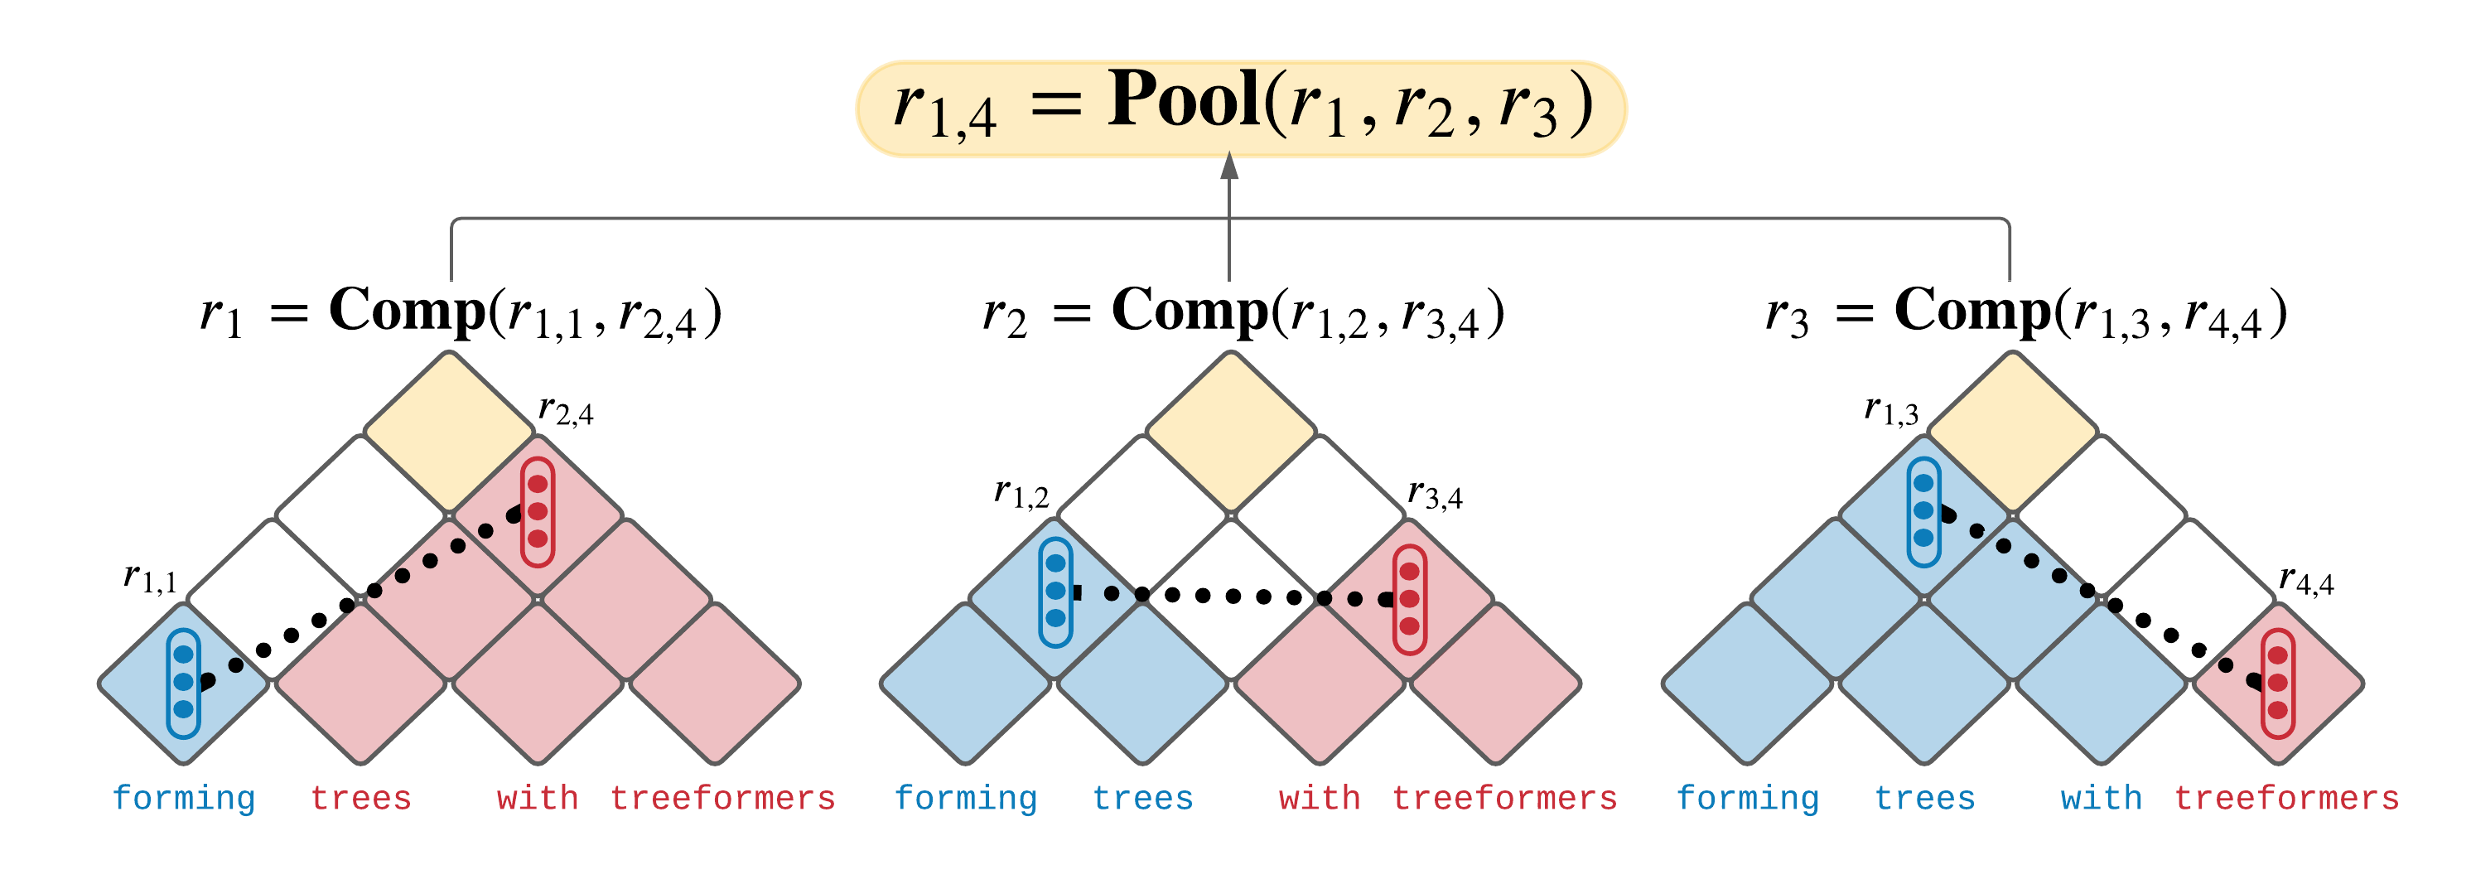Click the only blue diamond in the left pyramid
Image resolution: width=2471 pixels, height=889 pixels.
pos(182,683)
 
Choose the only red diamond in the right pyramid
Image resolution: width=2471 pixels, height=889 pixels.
pos(2279,683)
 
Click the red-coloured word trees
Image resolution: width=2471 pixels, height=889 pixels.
pos(360,798)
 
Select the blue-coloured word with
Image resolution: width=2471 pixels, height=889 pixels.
pos(2101,798)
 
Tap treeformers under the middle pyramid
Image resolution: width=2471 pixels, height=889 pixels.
pos(1504,798)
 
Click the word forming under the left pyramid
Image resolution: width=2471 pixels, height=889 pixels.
pos(183,798)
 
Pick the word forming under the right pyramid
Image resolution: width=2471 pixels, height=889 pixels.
pos(1747,798)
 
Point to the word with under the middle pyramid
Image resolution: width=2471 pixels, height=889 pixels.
pos(1319,798)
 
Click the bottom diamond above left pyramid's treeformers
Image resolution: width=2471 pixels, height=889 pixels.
pos(715,683)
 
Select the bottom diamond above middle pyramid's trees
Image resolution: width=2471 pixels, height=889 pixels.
pos(1142,683)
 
